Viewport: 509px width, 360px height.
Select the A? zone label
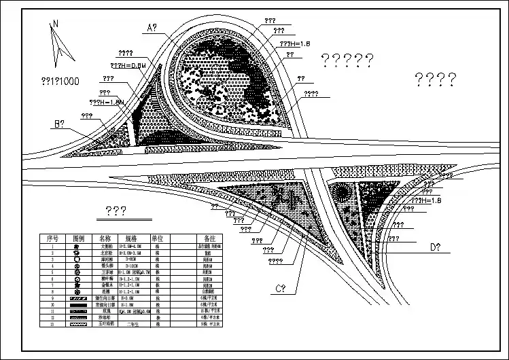tap(151, 28)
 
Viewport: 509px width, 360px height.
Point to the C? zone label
tap(280, 289)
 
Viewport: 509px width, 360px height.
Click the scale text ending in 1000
tap(60, 81)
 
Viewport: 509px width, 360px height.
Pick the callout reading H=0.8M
tap(128, 65)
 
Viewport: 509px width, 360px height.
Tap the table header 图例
tap(78, 239)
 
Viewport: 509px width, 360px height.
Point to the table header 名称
tap(105, 239)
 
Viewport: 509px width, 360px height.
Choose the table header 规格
tap(131, 239)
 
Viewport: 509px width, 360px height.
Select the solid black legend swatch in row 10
tap(77, 305)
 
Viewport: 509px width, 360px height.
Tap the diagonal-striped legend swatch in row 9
tap(77, 298)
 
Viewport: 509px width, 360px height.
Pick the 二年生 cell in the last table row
tap(135, 324)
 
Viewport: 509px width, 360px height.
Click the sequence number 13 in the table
tap(52, 324)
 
